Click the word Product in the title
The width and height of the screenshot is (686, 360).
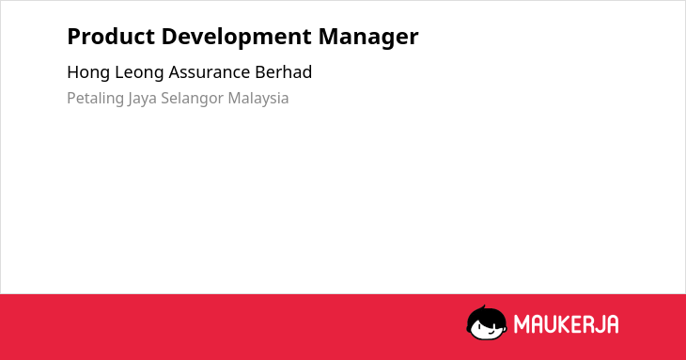click(x=111, y=36)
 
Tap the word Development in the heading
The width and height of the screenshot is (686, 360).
click(x=236, y=38)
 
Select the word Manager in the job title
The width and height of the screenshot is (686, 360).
click(x=368, y=38)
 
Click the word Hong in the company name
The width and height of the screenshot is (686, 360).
click(x=88, y=72)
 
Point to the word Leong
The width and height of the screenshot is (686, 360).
click(x=139, y=72)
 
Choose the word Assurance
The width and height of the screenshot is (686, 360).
click(x=210, y=72)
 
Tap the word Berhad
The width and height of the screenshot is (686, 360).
click(x=284, y=71)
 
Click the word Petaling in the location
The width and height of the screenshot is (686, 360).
click(x=95, y=99)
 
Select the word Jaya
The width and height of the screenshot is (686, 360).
click(x=142, y=99)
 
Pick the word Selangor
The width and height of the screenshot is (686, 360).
click(x=192, y=99)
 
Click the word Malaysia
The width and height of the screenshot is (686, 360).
click(x=258, y=99)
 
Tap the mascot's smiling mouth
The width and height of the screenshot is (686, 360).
click(x=491, y=332)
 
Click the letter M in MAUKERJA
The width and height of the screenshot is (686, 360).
click(x=522, y=324)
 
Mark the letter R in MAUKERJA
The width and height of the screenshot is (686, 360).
click(x=587, y=324)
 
